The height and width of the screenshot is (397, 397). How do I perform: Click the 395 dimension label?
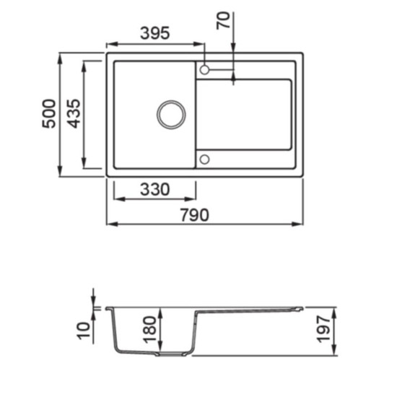pos(154,33)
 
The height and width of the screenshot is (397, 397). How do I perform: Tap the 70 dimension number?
pos(224,20)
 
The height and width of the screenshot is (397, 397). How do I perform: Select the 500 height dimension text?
pos(49,113)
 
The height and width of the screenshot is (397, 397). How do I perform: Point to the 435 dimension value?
pos(74,113)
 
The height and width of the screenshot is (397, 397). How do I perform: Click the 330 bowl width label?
pos(154,189)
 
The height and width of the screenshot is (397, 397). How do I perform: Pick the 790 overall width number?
pos(195,215)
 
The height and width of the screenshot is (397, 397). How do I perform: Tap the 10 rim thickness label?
pos(84,331)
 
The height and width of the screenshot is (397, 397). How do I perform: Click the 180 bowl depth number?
pos(150,330)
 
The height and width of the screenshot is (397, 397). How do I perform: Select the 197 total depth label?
pos(324,329)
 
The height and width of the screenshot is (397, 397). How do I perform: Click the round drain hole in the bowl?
pos(171,100)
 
